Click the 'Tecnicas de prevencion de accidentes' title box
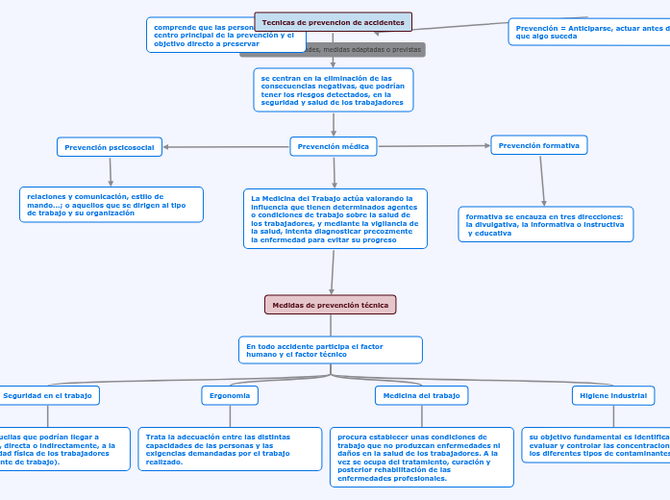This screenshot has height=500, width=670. (334, 22)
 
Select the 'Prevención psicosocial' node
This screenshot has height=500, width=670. (111, 147)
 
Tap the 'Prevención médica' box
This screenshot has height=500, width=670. (334, 146)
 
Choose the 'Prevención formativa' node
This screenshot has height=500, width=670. (539, 145)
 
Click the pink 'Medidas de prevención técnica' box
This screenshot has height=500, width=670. (331, 305)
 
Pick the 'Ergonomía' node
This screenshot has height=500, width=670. (230, 395)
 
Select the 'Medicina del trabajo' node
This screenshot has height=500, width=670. (421, 395)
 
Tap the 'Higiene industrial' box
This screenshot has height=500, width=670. (613, 395)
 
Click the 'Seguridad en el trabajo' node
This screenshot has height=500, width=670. (48, 395)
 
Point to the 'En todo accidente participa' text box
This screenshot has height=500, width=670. (331, 350)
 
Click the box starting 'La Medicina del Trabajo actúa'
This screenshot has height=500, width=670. (335, 218)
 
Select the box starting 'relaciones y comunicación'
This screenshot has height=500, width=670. (112, 205)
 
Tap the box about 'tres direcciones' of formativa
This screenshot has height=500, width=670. (545, 224)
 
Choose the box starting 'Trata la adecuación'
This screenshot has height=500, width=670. (230, 449)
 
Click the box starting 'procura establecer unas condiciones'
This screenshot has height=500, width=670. (421, 457)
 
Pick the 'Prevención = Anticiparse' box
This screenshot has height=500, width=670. (588, 33)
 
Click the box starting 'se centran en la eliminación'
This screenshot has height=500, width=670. (334, 89)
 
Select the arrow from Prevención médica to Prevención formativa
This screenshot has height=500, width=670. (434, 146)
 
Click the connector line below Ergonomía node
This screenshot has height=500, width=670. (231, 415)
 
